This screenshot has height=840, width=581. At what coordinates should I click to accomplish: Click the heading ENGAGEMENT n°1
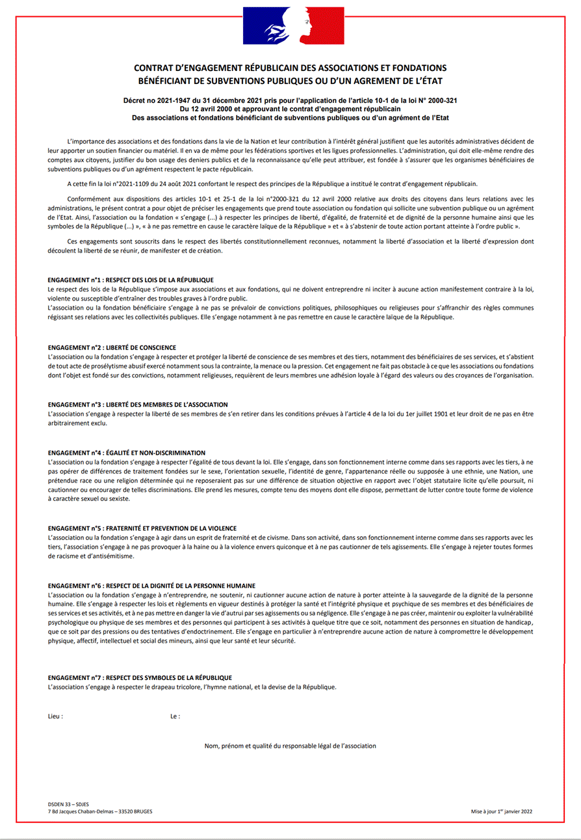click(x=131, y=280)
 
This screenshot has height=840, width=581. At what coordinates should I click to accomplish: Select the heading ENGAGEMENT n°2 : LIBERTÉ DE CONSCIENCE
click(x=112, y=347)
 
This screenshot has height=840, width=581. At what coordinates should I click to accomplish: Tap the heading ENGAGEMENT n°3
click(x=138, y=405)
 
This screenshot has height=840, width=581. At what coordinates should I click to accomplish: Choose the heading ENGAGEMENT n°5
click(x=142, y=528)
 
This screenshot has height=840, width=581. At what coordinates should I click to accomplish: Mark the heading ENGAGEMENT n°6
click(x=151, y=586)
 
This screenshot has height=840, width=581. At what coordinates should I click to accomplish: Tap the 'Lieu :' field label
click(x=56, y=716)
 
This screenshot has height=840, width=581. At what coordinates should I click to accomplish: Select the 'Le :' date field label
click(x=175, y=716)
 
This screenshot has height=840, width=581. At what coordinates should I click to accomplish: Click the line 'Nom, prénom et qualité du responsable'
click(x=290, y=746)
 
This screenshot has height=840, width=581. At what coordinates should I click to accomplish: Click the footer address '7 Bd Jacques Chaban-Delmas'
click(x=84, y=811)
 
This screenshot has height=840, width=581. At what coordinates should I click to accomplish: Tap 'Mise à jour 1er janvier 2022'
click(x=502, y=811)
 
